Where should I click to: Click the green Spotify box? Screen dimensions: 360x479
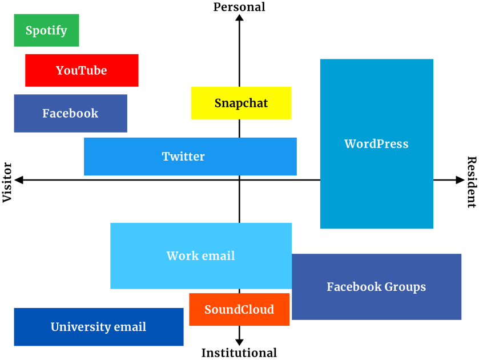pyautogui.click(x=46, y=30)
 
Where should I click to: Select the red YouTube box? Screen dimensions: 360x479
pyautogui.click(x=82, y=70)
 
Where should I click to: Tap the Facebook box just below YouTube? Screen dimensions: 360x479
pyautogui.click(x=70, y=113)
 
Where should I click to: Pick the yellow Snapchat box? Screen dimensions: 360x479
pyautogui.click(x=241, y=103)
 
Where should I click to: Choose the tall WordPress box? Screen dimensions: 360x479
pyautogui.click(x=376, y=143)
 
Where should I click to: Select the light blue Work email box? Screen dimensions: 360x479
pyautogui.click(x=200, y=255)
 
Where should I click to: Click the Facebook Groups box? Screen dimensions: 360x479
pyautogui.click(x=376, y=286)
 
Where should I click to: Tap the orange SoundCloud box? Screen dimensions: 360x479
pyautogui.click(x=239, y=309)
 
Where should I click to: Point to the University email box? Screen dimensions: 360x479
pyautogui.click(x=98, y=327)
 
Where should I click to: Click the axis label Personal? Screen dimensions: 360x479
pyautogui.click(x=239, y=7)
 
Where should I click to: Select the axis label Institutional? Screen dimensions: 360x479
pyautogui.click(x=239, y=353)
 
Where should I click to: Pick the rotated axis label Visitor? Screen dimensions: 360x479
pyautogui.click(x=7, y=182)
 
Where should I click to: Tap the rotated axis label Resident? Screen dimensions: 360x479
pyautogui.click(x=472, y=182)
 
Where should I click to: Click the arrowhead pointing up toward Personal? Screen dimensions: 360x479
pyautogui.click(x=239, y=18)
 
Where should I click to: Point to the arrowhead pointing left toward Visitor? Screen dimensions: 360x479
pyautogui.click(x=19, y=180)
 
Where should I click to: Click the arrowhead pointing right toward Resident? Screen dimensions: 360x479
pyautogui.click(x=460, y=180)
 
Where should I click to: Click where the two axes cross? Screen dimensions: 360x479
pyautogui.click(x=239, y=180)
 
